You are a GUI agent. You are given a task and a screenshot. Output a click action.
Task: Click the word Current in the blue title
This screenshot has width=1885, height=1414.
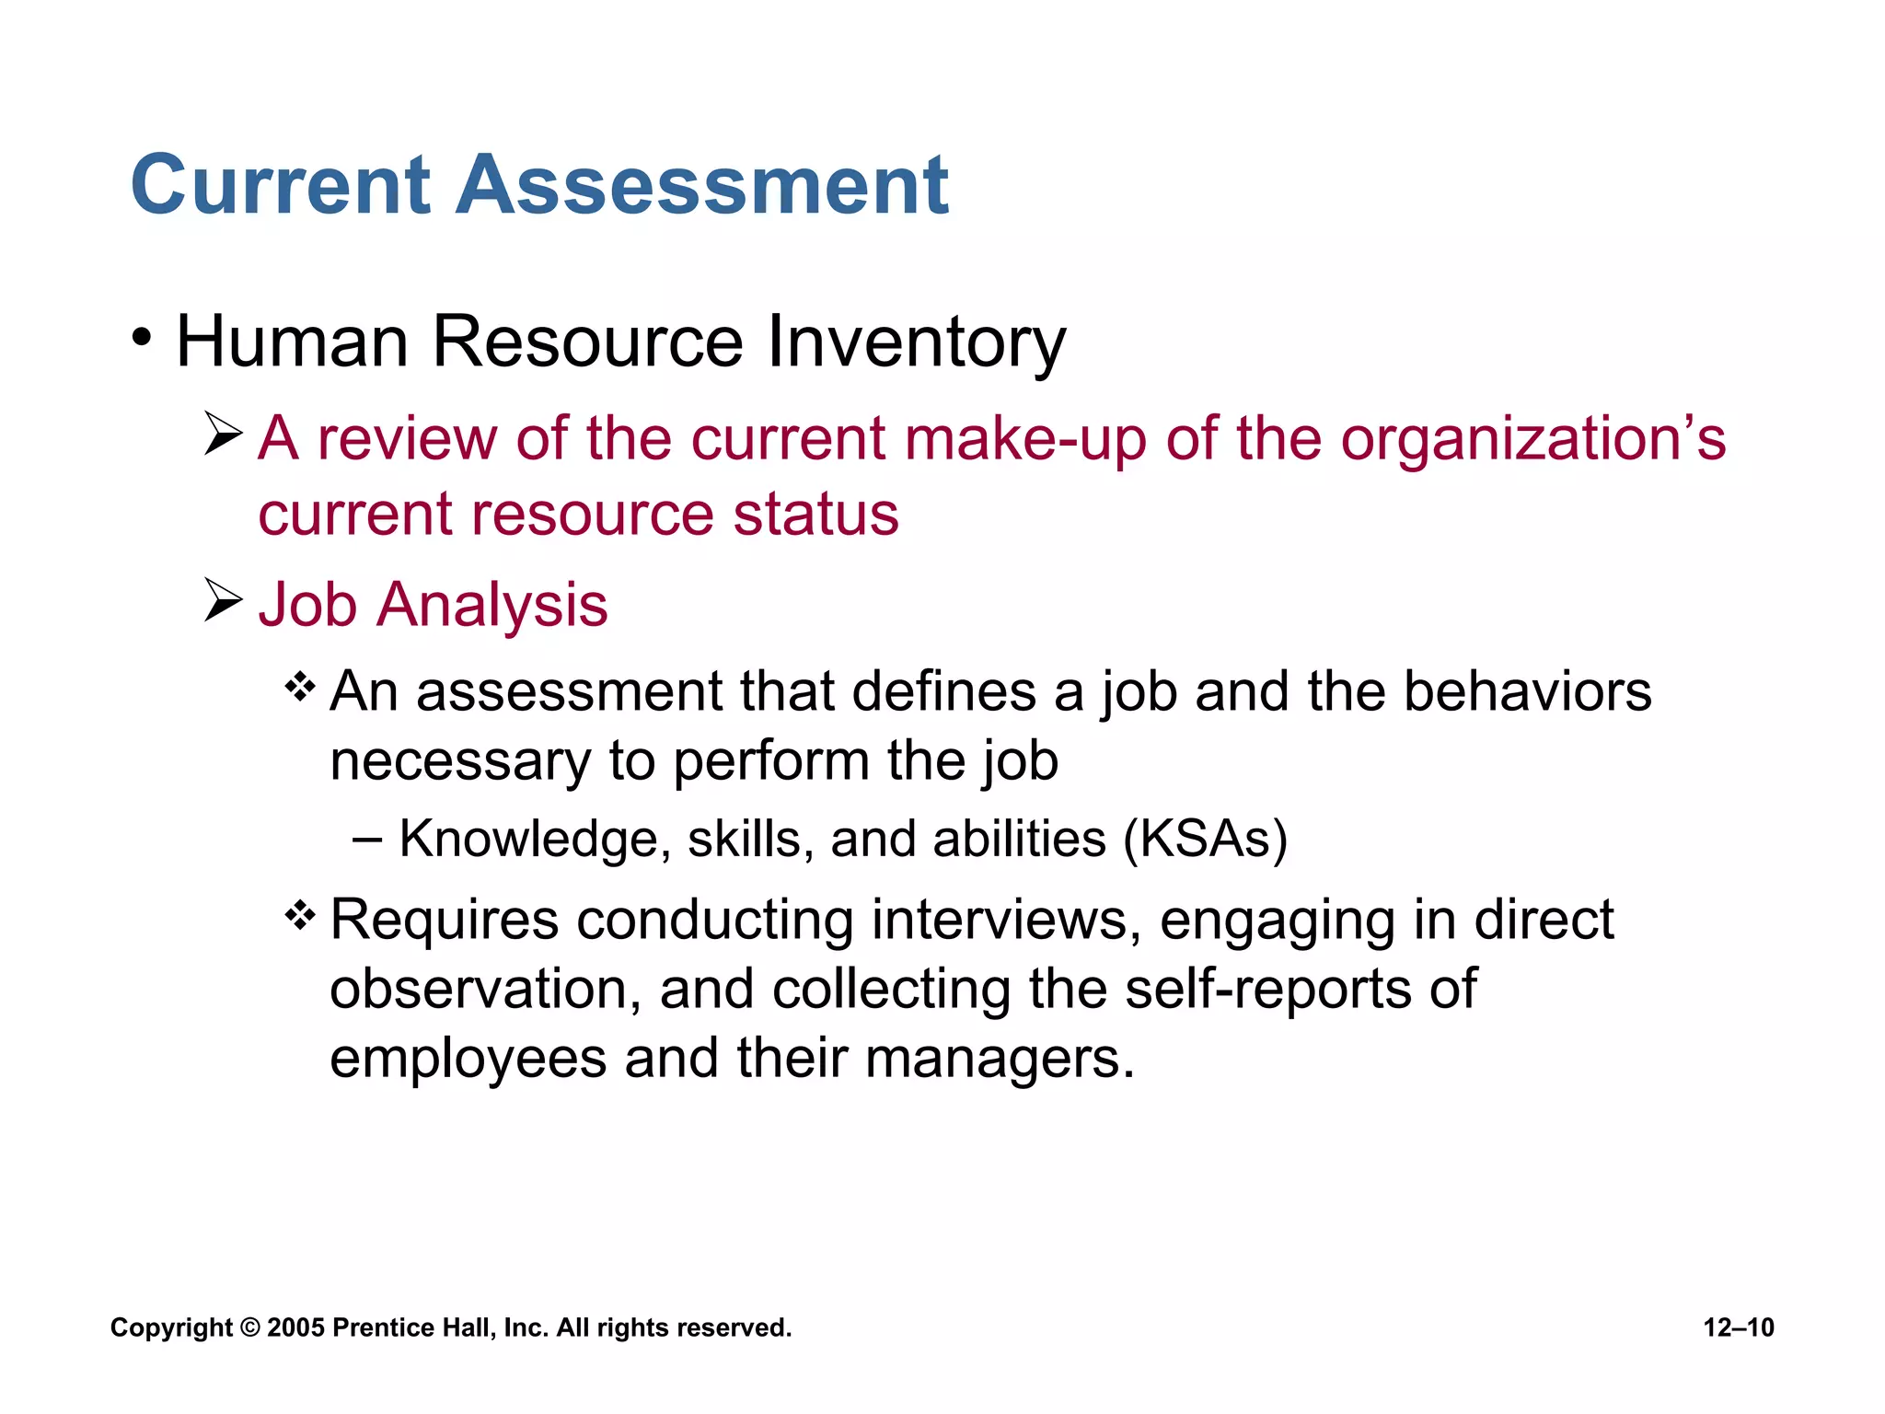pyautogui.click(x=281, y=185)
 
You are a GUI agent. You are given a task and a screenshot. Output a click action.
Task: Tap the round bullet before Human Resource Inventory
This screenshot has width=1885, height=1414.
pyautogui.click(x=141, y=338)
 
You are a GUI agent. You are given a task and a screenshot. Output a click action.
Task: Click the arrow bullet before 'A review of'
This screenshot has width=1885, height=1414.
pyautogui.click(x=223, y=434)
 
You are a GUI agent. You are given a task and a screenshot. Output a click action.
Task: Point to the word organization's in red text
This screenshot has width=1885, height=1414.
pyautogui.click(x=1532, y=438)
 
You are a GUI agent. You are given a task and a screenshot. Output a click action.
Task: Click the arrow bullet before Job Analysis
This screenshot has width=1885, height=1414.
pyautogui.click(x=223, y=600)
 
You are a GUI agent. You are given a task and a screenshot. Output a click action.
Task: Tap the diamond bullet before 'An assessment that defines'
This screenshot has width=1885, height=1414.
pyautogui.click(x=300, y=687)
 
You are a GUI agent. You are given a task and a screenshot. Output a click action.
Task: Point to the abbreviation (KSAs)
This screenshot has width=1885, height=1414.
pyautogui.click(x=1205, y=840)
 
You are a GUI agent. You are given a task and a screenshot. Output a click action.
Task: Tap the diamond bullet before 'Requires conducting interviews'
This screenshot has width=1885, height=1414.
pyautogui.click(x=300, y=915)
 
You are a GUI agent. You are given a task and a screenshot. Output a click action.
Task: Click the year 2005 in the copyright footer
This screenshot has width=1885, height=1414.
pyautogui.click(x=295, y=1327)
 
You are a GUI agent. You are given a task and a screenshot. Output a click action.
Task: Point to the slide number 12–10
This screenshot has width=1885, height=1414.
pyautogui.click(x=1739, y=1327)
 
